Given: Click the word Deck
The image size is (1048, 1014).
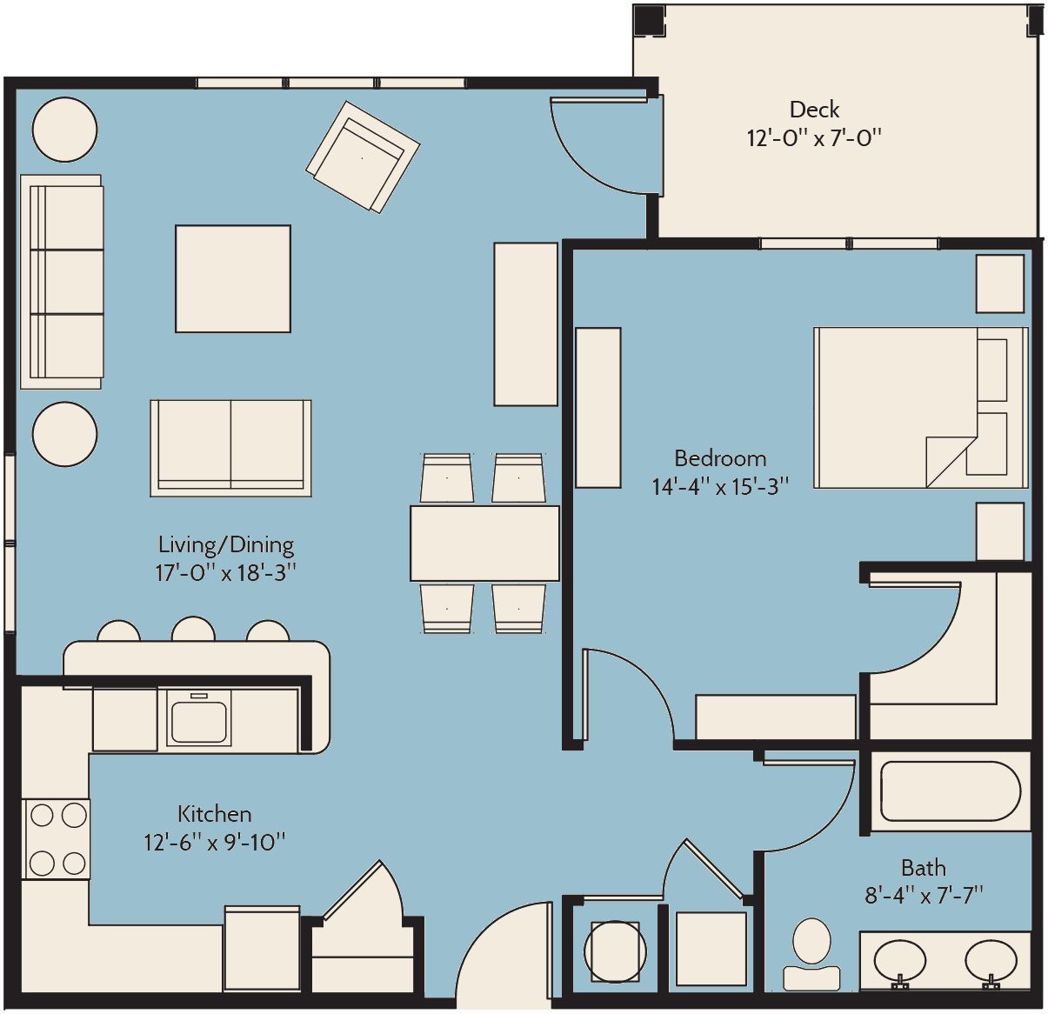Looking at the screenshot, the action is (814, 110).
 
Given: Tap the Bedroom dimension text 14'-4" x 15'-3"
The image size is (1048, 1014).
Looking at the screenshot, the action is (720, 487).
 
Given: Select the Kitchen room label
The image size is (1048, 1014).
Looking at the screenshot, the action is (214, 814).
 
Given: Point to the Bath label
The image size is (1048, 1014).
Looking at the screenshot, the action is (923, 868).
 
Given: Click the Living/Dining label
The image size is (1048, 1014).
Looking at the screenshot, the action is (226, 545).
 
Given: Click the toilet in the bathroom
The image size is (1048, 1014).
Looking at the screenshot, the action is (811, 955).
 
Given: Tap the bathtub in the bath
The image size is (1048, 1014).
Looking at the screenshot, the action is (951, 791).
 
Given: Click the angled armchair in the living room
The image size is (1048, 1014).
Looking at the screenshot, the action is (363, 157).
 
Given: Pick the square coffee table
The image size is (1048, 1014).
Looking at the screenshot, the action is (233, 278).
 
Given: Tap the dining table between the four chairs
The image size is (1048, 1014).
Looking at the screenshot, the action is (484, 544).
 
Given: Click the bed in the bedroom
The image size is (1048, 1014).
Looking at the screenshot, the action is (921, 408).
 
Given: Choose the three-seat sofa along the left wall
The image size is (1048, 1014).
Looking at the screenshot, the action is (62, 282).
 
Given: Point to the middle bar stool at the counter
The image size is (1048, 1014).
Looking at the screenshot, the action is (193, 629).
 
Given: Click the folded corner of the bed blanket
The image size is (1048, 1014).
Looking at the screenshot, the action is (951, 462).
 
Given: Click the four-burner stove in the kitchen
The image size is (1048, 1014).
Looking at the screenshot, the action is (57, 839).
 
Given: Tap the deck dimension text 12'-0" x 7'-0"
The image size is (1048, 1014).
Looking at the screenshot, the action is (814, 138).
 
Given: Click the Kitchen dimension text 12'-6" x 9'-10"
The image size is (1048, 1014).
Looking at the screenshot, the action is (214, 842).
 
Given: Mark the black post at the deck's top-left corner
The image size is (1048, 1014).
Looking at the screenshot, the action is (649, 21).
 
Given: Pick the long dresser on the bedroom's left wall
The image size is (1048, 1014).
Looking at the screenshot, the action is (598, 408).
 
